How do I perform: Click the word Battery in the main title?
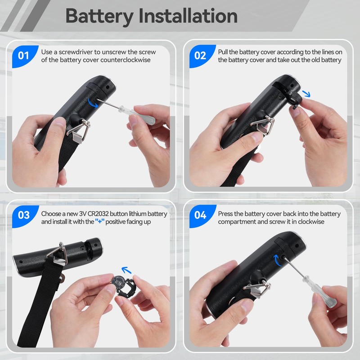[x=99, y=17]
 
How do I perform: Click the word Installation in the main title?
[x=188, y=16]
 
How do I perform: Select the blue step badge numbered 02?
[x=200, y=56]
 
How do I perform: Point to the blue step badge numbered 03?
[x=24, y=216]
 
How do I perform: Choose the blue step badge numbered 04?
[x=200, y=216]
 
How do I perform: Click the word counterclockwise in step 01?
[x=126, y=60]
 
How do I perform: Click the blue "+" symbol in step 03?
[x=99, y=221]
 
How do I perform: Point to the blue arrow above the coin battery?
[x=126, y=270]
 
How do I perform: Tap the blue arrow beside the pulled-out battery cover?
[x=306, y=94]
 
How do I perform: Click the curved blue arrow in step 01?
[x=92, y=103]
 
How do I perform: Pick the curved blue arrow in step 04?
[x=277, y=261]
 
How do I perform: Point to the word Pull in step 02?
[x=223, y=52]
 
